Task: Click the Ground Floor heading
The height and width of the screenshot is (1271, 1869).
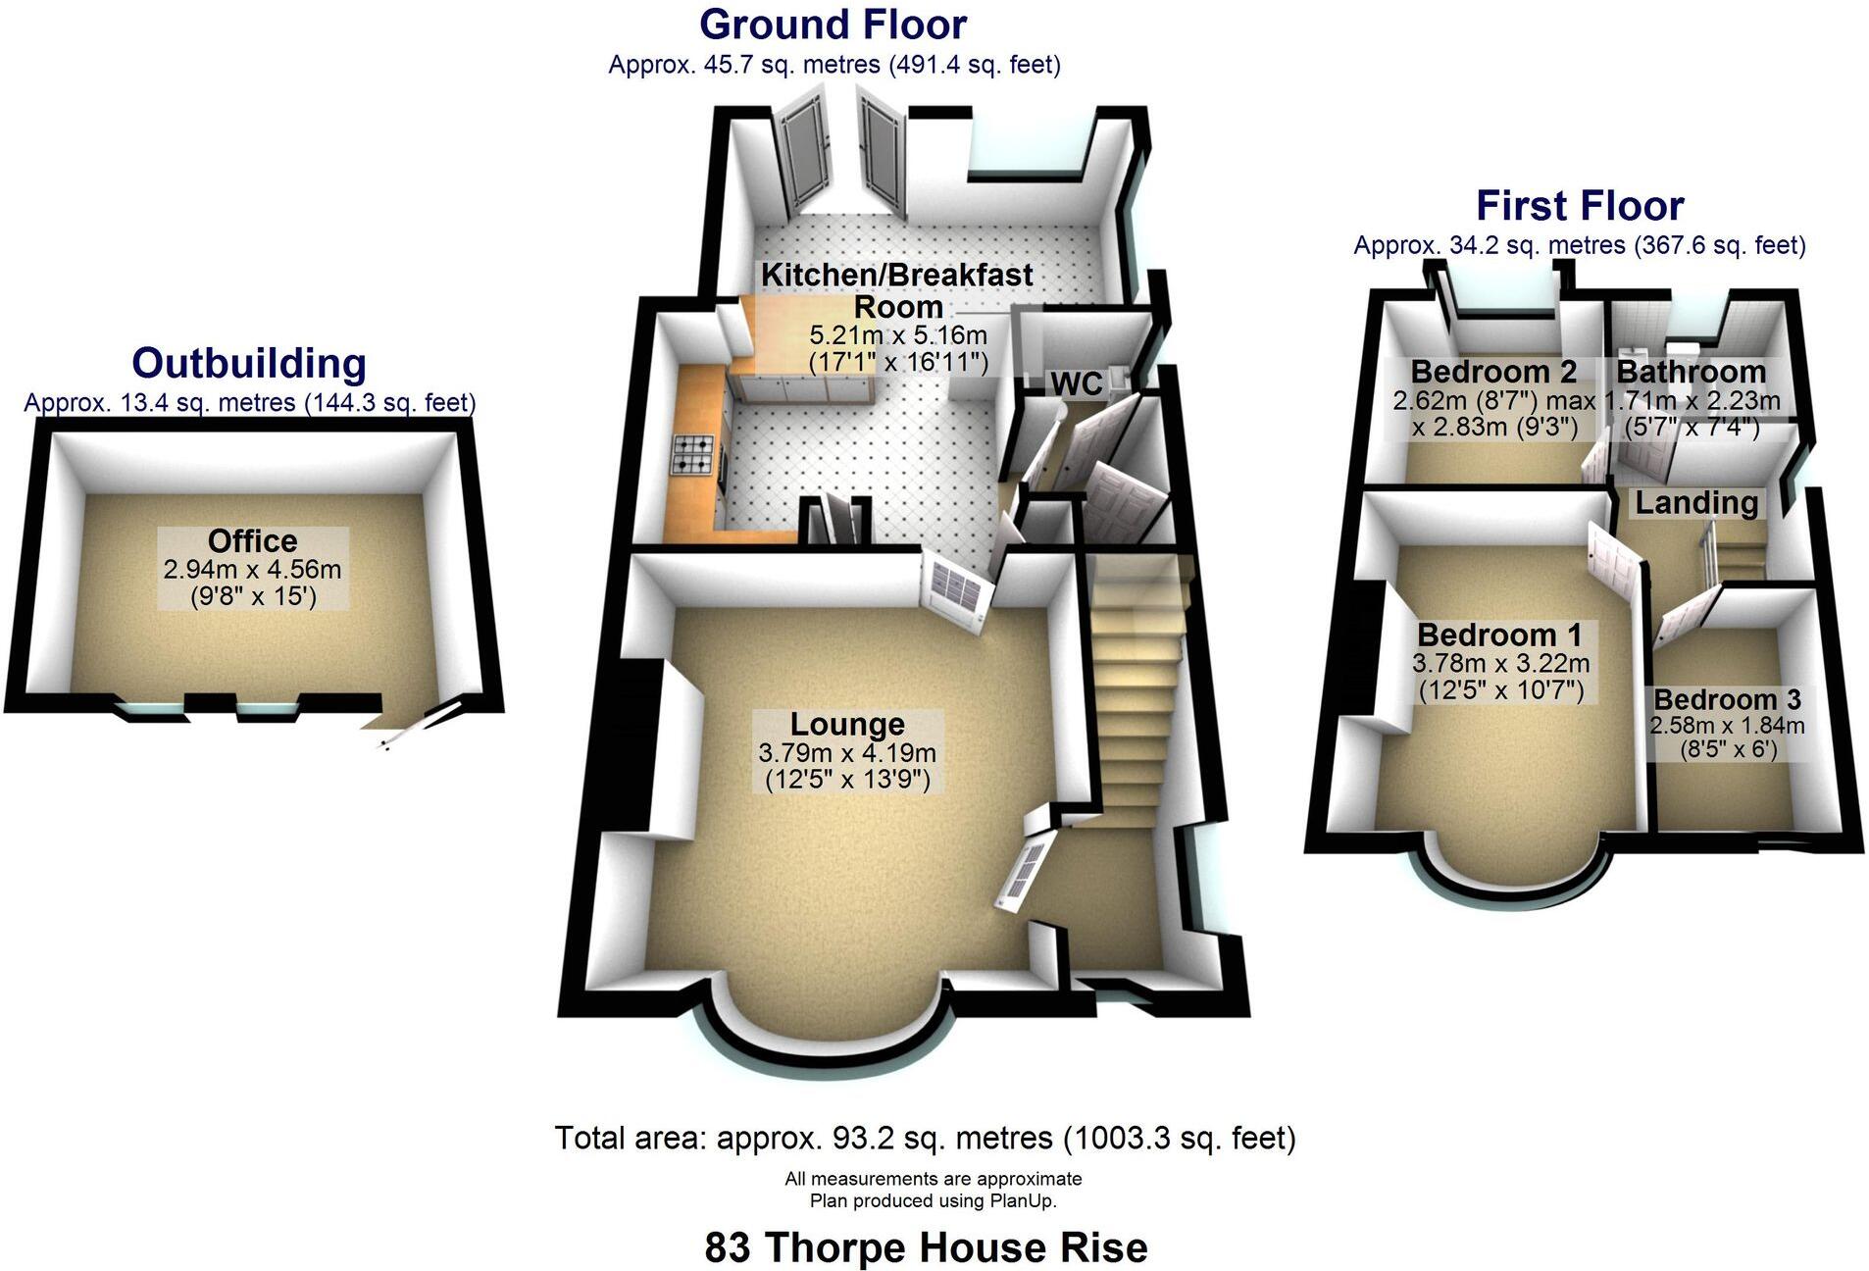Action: pos(833,25)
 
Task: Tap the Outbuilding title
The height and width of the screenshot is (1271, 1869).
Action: pos(249,363)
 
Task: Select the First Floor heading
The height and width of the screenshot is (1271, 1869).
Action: pos(1579,206)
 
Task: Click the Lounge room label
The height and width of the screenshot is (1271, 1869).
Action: pos(847,725)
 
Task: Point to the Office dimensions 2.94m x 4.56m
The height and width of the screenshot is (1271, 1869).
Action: pos(252,569)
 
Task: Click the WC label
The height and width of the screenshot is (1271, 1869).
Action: pos(1076,383)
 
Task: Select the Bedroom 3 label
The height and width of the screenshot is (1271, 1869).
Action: pos(1726,699)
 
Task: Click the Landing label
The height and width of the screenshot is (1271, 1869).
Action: pos(1695,503)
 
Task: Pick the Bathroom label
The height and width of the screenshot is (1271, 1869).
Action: pos(1691,372)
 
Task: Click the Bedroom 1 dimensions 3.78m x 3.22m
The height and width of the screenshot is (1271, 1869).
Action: pos(1500,664)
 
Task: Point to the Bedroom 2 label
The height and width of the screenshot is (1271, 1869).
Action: pos(1492,372)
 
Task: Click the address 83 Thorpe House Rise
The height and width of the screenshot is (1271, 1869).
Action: pos(926,1247)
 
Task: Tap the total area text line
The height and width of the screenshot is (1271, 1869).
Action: pos(925,1138)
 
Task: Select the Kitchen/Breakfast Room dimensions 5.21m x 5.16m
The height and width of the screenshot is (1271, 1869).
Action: pos(897,336)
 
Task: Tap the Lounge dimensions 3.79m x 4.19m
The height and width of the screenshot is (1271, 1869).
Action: pos(847,753)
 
